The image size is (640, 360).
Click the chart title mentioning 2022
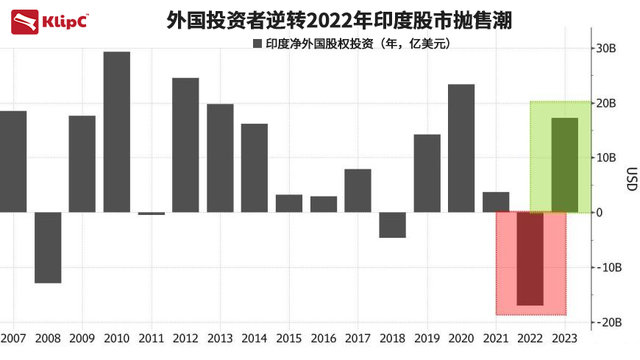[x=339, y=20]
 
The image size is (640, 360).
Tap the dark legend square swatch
[x=257, y=43]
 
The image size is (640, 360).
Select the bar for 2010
[x=117, y=132]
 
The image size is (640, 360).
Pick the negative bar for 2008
[x=48, y=247]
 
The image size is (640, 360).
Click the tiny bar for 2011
[x=152, y=213]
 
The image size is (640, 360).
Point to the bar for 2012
[x=185, y=145]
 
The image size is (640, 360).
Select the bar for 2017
[x=358, y=191]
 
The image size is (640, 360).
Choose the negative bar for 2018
[x=392, y=225]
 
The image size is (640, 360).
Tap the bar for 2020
[x=461, y=148]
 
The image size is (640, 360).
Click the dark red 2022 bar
[x=530, y=258]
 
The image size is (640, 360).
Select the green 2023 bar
[x=565, y=165]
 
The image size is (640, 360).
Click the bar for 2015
[x=289, y=203]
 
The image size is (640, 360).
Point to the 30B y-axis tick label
[x=605, y=49]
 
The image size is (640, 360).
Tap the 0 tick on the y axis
[x=600, y=213]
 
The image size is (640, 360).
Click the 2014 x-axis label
[x=254, y=338]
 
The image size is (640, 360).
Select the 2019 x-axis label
[x=427, y=338]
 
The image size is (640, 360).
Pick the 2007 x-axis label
[x=13, y=338]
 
